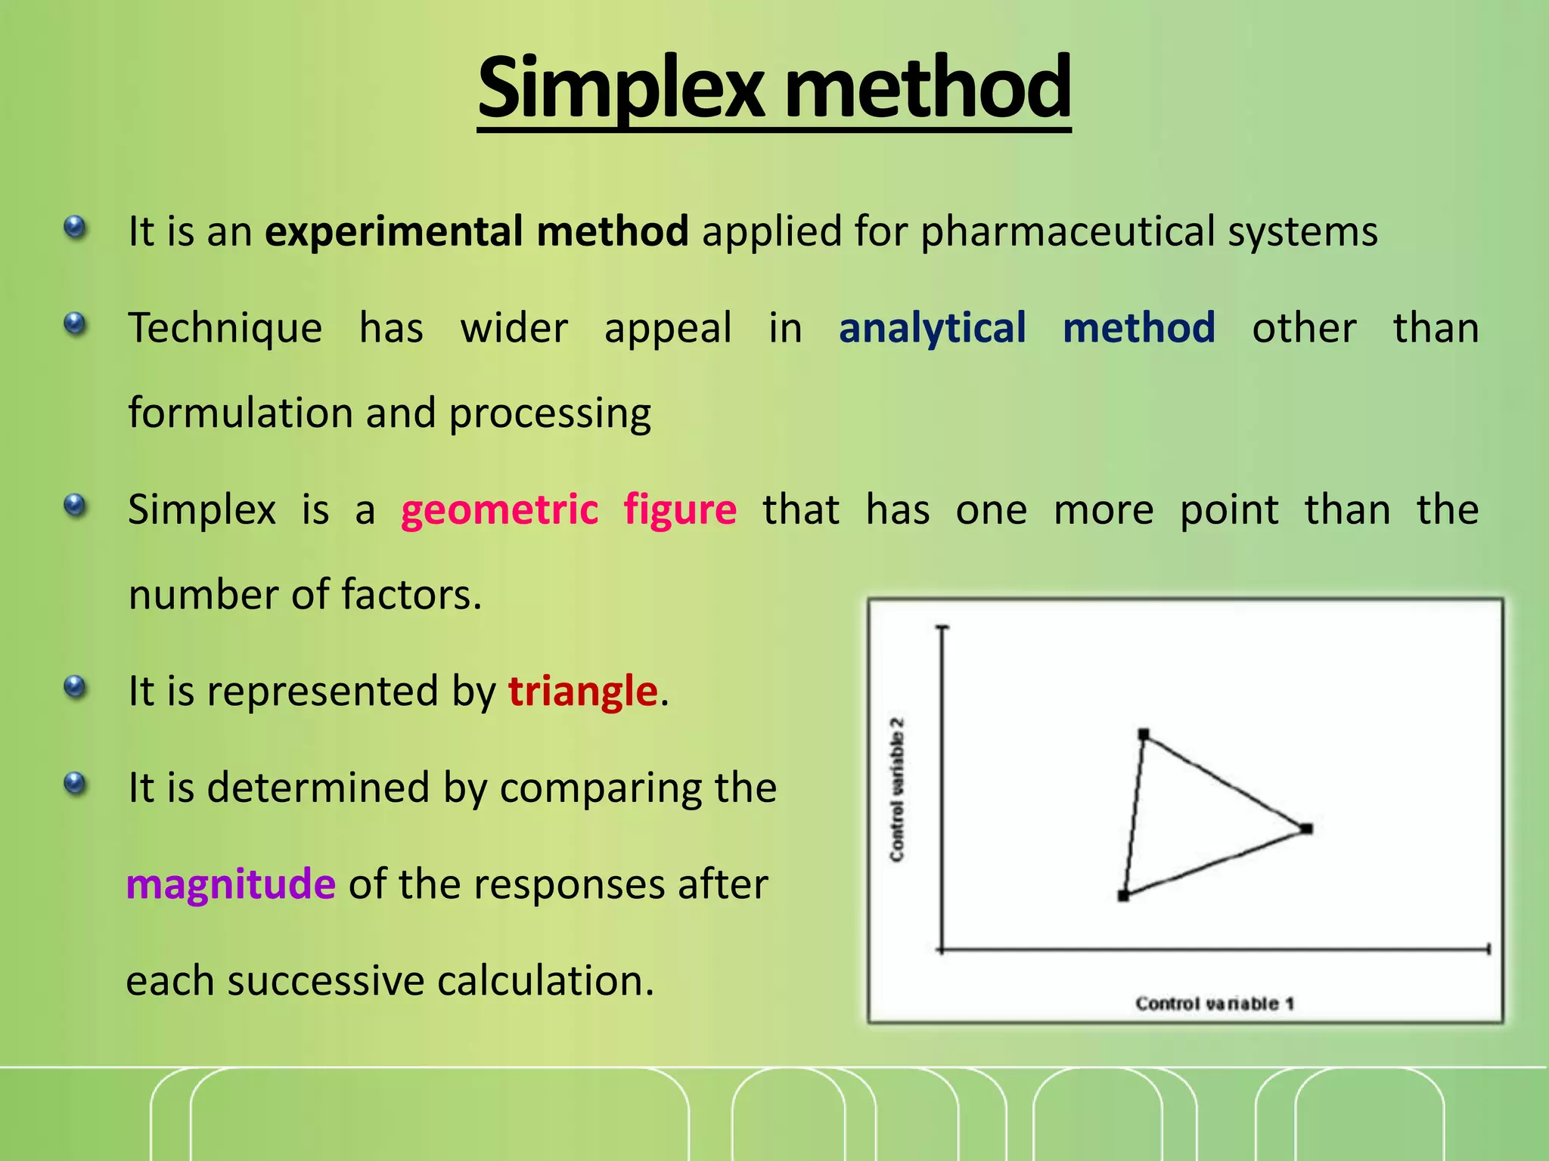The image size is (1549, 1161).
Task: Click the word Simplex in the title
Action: click(x=620, y=89)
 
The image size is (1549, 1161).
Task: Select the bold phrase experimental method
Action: click(x=476, y=231)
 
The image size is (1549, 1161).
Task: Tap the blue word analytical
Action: click(x=932, y=329)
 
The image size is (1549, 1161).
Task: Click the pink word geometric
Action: click(x=499, y=510)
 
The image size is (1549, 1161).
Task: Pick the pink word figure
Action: click(x=679, y=510)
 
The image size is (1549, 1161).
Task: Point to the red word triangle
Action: click(x=582, y=691)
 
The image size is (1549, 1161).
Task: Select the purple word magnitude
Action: click(x=231, y=884)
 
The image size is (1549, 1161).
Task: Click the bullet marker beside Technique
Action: click(x=75, y=325)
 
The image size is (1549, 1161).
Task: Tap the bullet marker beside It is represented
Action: click(x=75, y=687)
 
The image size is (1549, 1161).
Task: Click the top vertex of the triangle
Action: click(x=1144, y=734)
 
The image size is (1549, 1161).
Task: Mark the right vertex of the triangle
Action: click(x=1307, y=829)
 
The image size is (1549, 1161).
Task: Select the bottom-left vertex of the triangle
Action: click(x=1123, y=896)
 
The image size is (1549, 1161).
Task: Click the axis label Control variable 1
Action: click(x=1215, y=1004)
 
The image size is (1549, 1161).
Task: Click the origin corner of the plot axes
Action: click(x=942, y=949)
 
